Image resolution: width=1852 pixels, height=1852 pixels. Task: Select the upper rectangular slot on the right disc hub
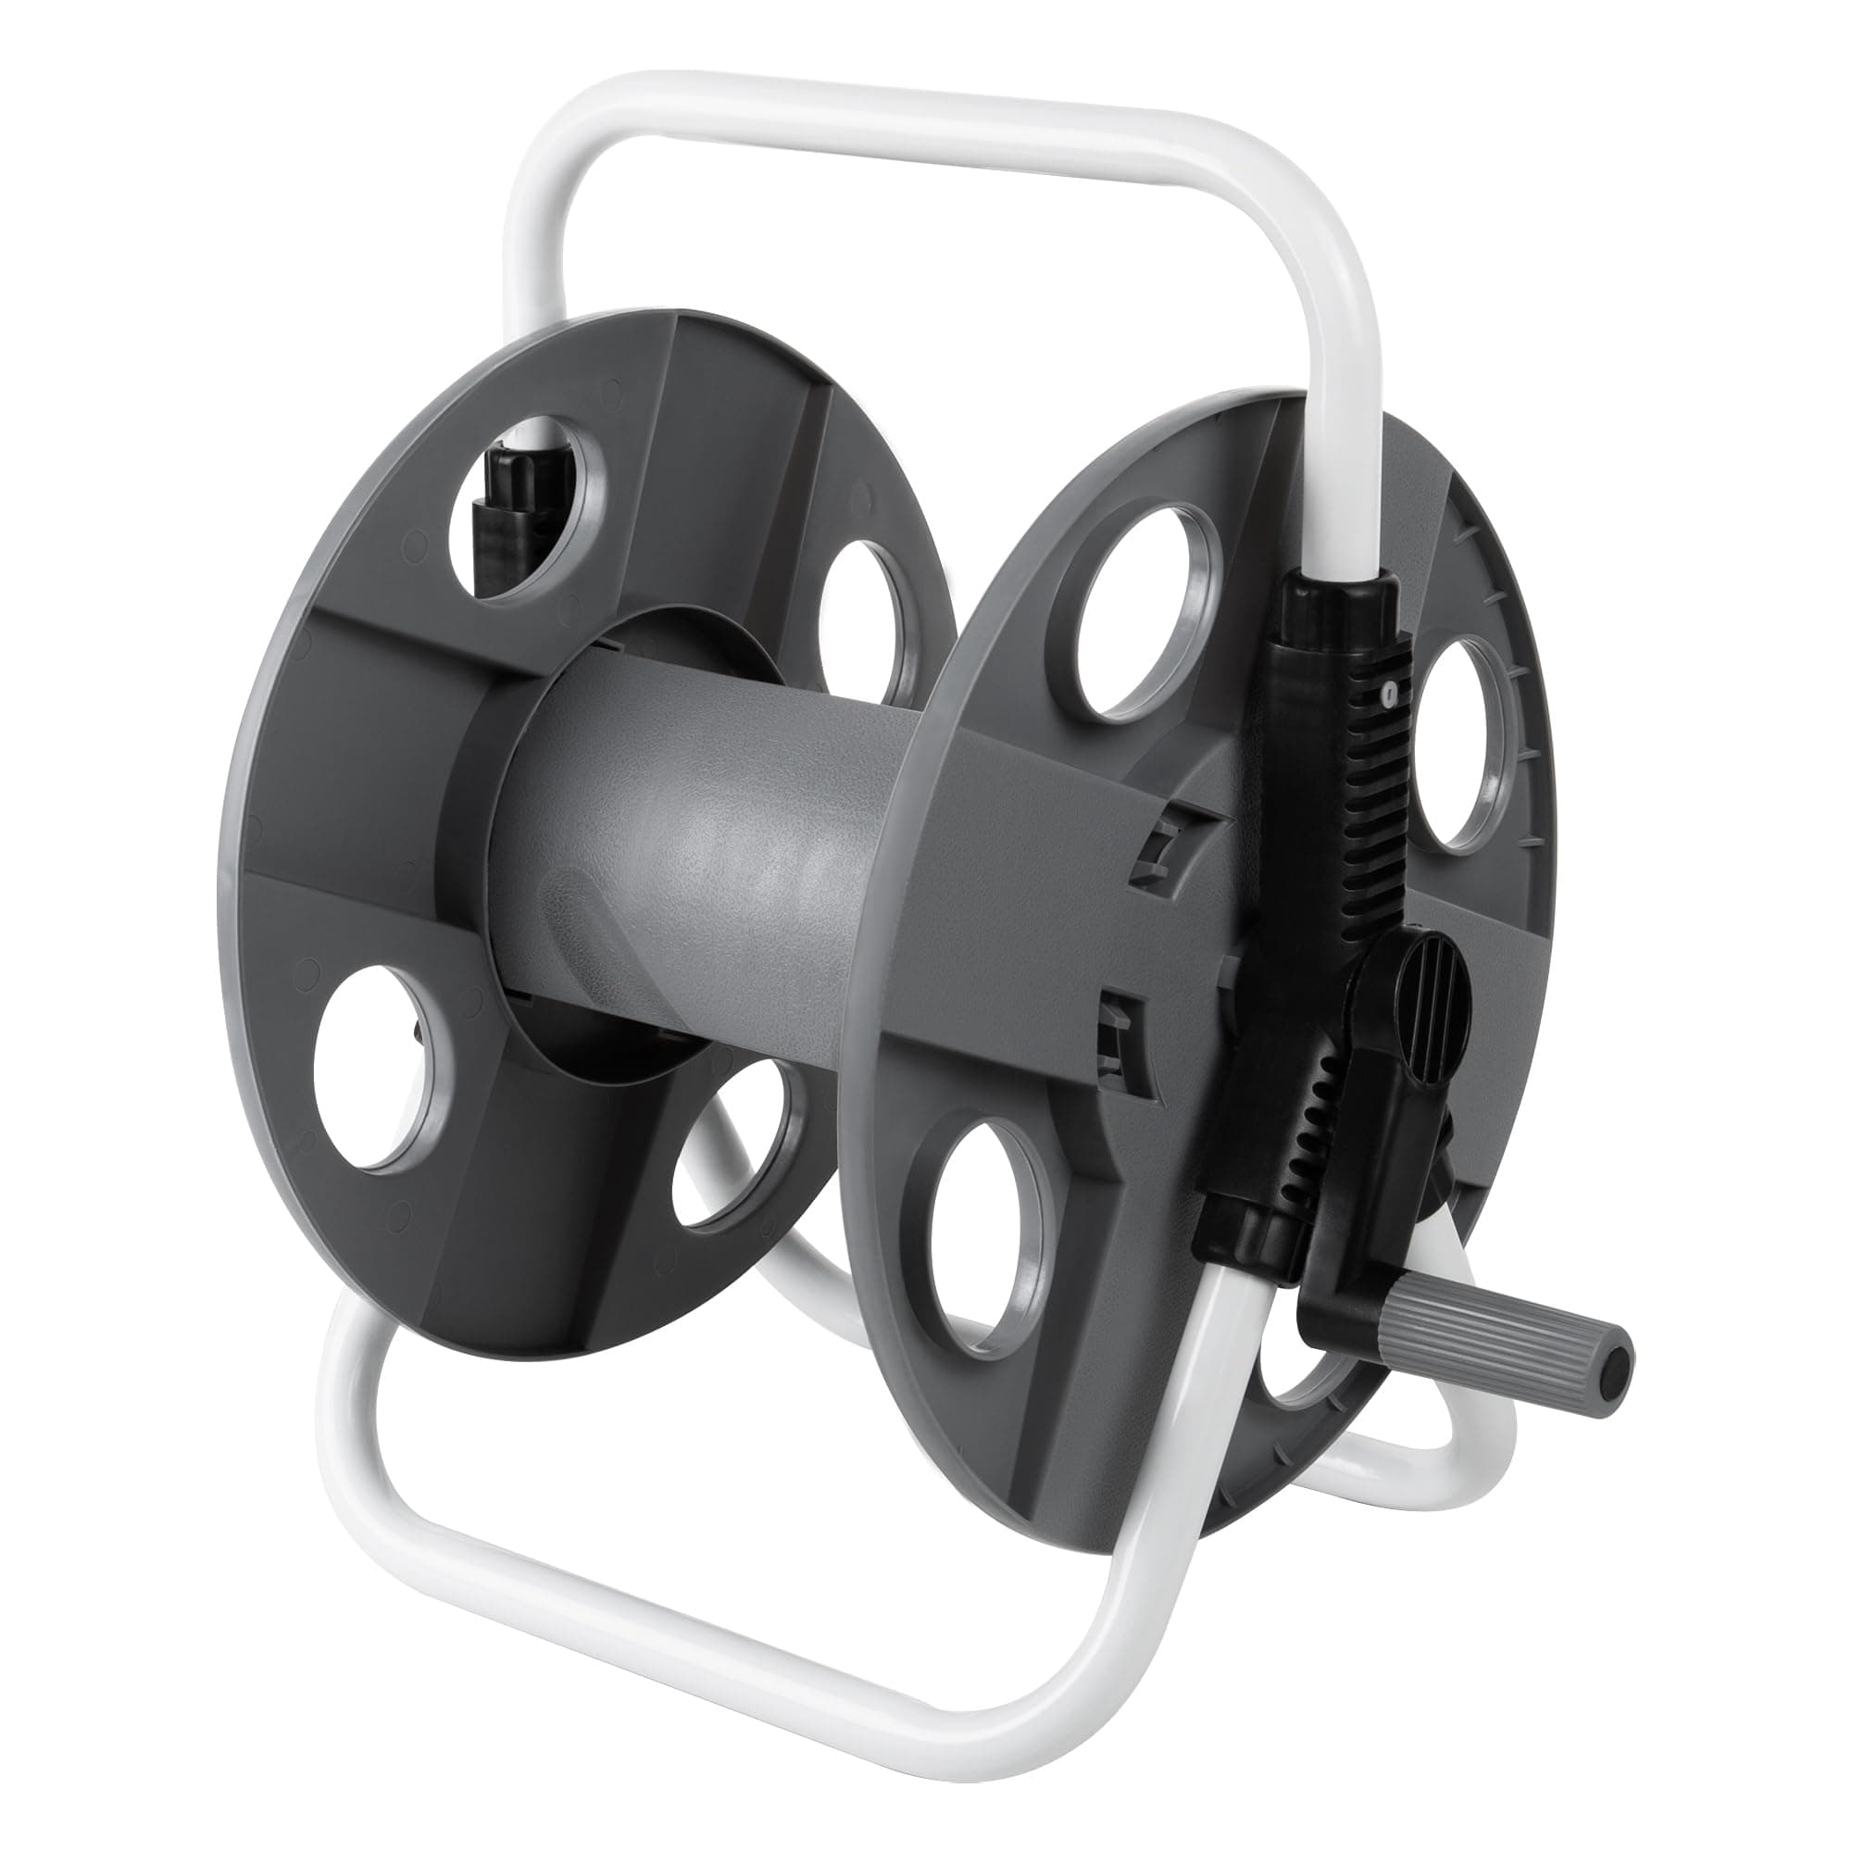pos(1156,844)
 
